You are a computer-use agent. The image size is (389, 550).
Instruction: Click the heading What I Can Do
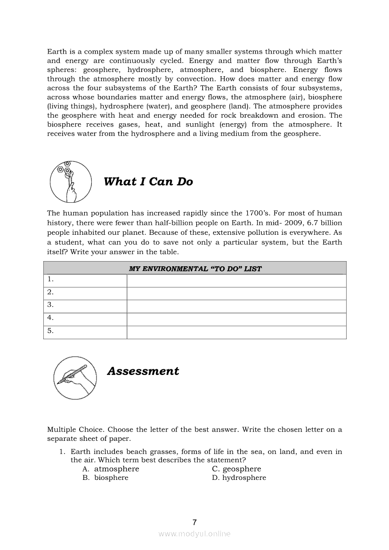pos(148,182)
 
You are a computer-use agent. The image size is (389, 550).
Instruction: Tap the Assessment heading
pos(143,371)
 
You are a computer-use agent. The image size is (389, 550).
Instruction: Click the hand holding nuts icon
pos(70,182)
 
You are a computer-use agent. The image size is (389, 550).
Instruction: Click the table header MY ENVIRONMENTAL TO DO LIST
pos(195,269)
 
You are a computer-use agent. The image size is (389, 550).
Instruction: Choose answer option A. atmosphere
pos(111,469)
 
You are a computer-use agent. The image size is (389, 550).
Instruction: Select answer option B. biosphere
pos(105,478)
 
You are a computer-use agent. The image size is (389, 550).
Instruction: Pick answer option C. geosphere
pos(236,469)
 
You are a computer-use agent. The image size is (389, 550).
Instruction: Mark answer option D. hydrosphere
pos(239,478)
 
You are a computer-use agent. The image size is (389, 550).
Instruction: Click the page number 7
pos(194,522)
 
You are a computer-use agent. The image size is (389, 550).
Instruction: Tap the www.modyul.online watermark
pos(194,534)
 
